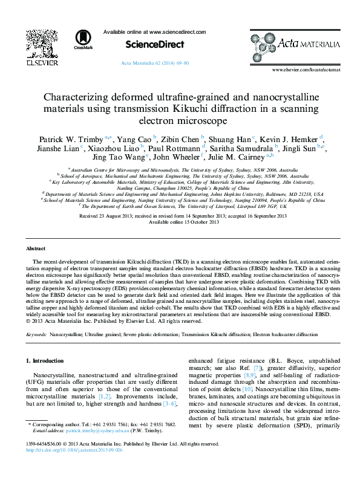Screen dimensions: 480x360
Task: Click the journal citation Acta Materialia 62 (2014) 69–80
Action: point(155,63)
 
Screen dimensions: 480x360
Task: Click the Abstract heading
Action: point(35,249)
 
